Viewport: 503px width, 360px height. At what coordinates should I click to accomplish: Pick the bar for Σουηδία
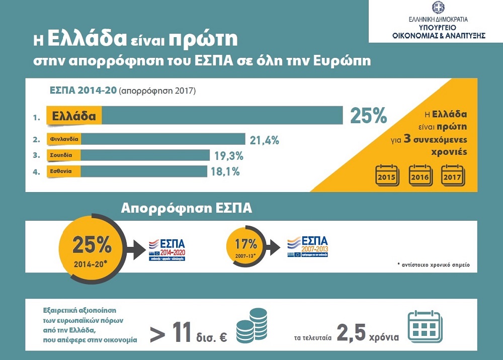[146, 155]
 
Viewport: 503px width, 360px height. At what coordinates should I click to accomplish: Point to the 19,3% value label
[229, 155]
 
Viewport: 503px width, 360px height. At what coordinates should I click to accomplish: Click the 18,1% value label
[225, 172]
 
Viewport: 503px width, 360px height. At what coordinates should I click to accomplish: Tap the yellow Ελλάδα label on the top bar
[74, 116]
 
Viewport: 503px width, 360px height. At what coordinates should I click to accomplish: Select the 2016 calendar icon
[420, 174]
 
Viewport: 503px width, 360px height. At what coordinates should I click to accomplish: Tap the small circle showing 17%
[246, 246]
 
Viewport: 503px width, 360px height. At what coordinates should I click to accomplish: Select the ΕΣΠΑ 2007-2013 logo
[306, 247]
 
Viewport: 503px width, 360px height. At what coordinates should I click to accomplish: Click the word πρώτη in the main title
[203, 40]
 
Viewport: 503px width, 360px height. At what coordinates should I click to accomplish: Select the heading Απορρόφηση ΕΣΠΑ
[186, 209]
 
